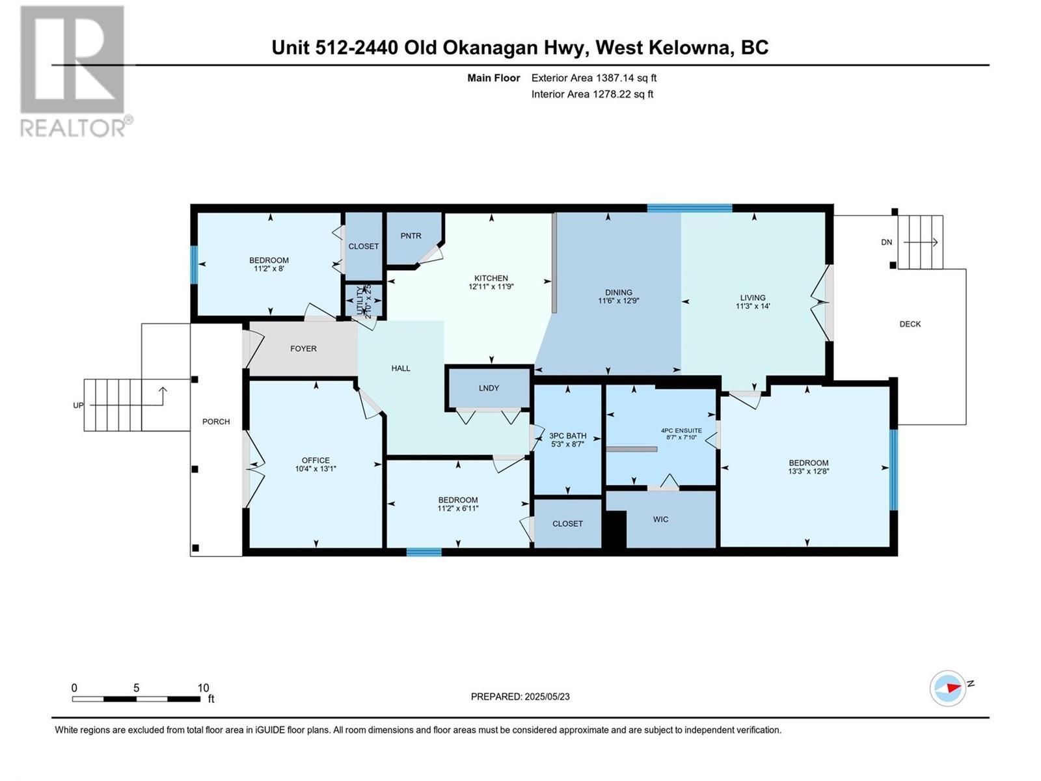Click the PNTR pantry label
[411, 236]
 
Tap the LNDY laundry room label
[489, 388]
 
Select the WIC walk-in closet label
[660, 519]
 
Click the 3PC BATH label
[567, 436]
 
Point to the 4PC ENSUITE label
[681, 430]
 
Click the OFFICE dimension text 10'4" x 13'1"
[316, 469]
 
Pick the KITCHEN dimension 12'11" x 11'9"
[491, 286]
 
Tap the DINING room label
[618, 292]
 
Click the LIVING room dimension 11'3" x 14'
[753, 306]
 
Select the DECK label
[910, 324]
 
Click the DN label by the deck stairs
[886, 242]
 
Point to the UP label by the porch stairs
[78, 405]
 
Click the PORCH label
[216, 422]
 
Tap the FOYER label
[303, 349]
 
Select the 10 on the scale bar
[203, 688]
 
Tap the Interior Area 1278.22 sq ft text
[592, 94]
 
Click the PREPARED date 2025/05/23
[547, 696]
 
